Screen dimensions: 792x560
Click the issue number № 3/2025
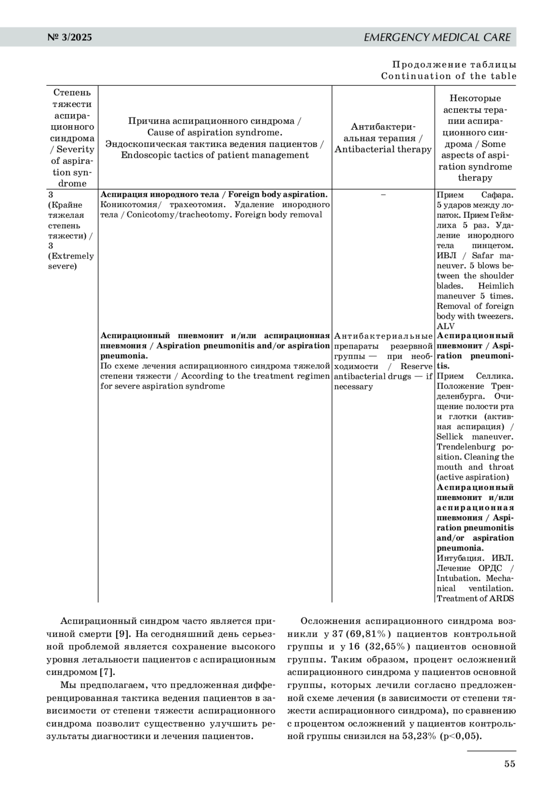(x=70, y=37)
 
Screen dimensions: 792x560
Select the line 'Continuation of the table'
(x=448, y=76)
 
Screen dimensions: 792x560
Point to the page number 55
(x=510, y=764)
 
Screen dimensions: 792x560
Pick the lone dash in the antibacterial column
(x=383, y=195)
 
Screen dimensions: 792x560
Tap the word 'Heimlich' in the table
(x=496, y=286)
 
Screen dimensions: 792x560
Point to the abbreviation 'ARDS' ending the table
(x=502, y=598)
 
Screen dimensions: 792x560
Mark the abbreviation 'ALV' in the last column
(x=445, y=326)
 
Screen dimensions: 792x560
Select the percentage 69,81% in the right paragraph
(x=368, y=634)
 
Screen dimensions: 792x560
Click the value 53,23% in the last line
(x=419, y=736)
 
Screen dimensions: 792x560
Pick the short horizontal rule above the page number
(x=491, y=751)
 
